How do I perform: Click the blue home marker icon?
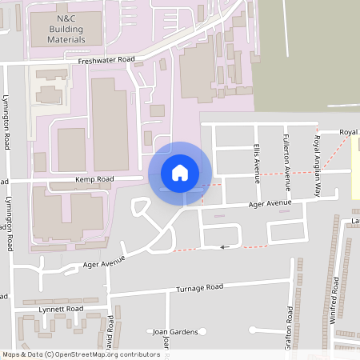click(180, 173)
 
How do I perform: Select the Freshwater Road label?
click(106, 61)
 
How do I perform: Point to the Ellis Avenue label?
click(257, 162)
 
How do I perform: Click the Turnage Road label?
click(200, 287)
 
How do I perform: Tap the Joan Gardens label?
click(174, 331)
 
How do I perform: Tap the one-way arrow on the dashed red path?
click(225, 246)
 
